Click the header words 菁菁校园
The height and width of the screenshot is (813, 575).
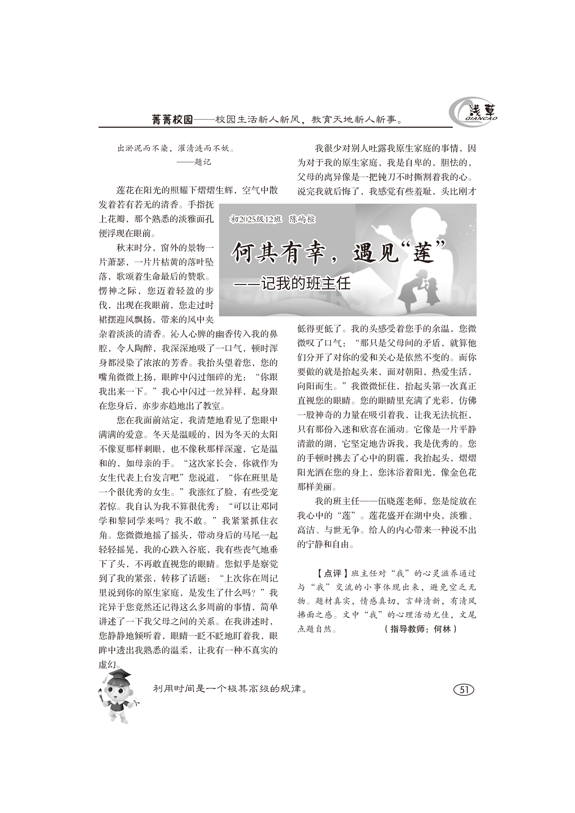pyautogui.click(x=172, y=120)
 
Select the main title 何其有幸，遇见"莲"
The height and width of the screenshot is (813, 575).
pyautogui.click(x=338, y=252)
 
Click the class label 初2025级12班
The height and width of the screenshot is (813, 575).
pyautogui.click(x=256, y=220)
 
